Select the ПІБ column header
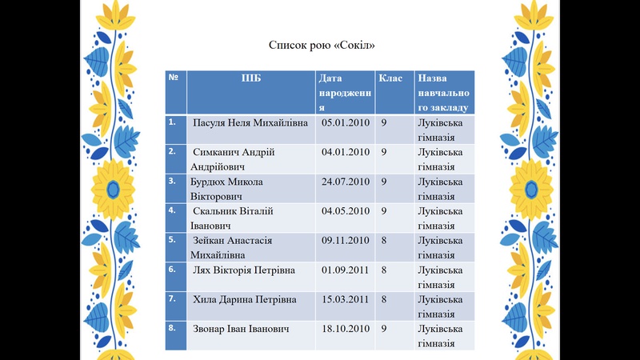(x=251, y=78)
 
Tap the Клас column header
(x=390, y=78)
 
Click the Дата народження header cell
(x=345, y=92)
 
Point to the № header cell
(x=173, y=78)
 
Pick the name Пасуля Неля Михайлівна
(x=251, y=122)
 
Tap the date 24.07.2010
(x=345, y=182)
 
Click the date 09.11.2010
(x=345, y=240)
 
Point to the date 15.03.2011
(x=345, y=299)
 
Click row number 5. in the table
(x=172, y=239)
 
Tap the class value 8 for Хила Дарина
(x=385, y=299)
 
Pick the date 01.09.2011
(x=345, y=270)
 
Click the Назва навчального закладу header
(x=439, y=92)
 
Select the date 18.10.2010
(x=345, y=329)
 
